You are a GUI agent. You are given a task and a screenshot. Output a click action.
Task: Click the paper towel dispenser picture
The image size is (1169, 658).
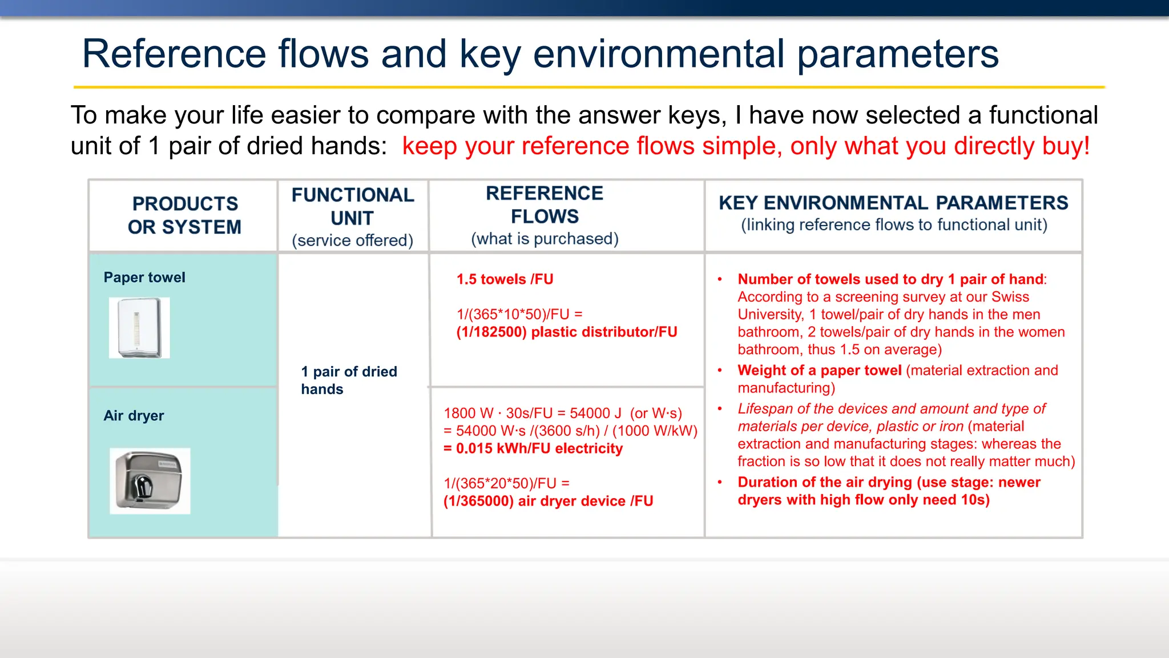point(139,327)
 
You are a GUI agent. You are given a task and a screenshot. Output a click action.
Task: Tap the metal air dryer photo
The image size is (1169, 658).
point(150,480)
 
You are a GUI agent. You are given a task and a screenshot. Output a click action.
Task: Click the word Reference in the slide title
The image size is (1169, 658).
point(174,54)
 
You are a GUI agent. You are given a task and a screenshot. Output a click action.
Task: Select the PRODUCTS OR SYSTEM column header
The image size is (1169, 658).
point(184,215)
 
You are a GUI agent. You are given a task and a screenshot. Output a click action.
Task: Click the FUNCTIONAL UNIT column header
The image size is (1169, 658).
point(353,206)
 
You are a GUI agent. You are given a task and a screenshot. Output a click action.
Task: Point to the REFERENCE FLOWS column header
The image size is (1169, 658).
point(545,204)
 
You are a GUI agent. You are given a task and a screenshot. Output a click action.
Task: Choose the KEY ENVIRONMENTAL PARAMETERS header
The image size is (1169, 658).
point(893,203)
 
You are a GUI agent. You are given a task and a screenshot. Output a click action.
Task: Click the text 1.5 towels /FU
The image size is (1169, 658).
point(505,279)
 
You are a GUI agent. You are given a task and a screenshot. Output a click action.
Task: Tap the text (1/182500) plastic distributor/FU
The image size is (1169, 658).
point(566,332)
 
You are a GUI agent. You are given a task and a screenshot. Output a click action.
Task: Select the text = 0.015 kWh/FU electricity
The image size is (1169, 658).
point(533,448)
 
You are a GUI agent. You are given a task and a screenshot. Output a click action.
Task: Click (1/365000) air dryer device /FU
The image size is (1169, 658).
point(548,501)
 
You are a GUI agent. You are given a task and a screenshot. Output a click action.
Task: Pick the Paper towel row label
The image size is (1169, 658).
point(144,278)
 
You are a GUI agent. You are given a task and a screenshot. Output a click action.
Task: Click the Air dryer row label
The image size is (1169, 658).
point(134,416)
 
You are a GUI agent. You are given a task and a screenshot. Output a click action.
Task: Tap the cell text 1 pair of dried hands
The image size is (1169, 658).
point(349,380)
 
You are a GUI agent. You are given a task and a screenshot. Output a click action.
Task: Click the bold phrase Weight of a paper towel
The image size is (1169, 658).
point(819,371)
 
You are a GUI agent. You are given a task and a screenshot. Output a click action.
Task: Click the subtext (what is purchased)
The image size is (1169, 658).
point(545,239)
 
